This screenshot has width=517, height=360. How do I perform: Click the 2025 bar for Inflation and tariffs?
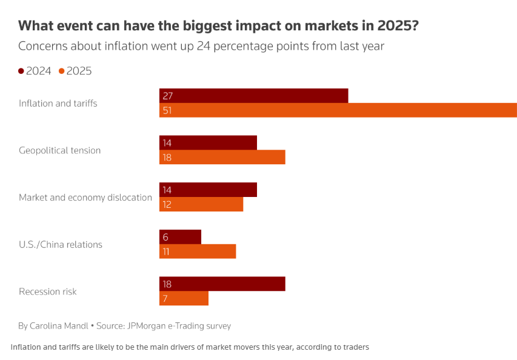pos(338,110)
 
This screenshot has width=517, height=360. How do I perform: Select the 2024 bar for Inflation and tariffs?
pos(253,96)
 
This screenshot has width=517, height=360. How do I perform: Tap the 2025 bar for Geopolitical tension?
pos(222,158)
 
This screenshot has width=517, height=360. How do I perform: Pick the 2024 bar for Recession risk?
pos(222,284)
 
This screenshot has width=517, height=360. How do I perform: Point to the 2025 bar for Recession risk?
pos(184,299)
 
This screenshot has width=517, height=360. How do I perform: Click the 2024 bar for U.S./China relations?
pos(180,237)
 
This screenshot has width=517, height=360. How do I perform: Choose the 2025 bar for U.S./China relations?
pos(198,252)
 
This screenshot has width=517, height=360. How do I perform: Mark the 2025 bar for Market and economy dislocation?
pos(201,204)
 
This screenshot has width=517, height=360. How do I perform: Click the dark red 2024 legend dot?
pos(21,71)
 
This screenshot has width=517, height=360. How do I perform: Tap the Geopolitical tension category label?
pos(59,150)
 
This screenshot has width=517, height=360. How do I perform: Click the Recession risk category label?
pos(48,292)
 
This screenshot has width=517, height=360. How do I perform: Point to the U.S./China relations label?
pos(61,245)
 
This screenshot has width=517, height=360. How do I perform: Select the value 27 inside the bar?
pos(168,96)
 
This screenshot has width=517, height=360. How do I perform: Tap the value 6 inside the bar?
pos(165,237)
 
